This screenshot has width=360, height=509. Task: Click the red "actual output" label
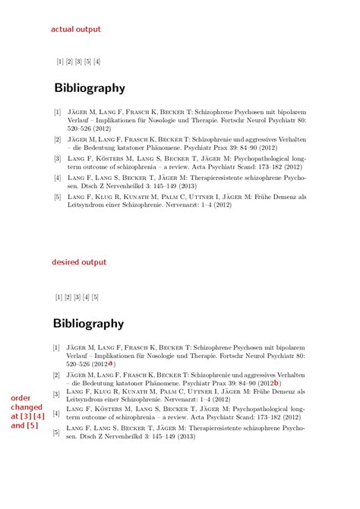tap(76, 29)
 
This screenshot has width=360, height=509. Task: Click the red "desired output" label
tap(79, 262)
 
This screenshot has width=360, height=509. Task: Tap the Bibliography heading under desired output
tap(89, 324)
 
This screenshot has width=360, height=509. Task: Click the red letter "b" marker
tap(276, 383)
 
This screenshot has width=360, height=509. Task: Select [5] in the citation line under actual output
tap(87, 62)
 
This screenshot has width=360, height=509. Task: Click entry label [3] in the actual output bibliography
tap(58, 159)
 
